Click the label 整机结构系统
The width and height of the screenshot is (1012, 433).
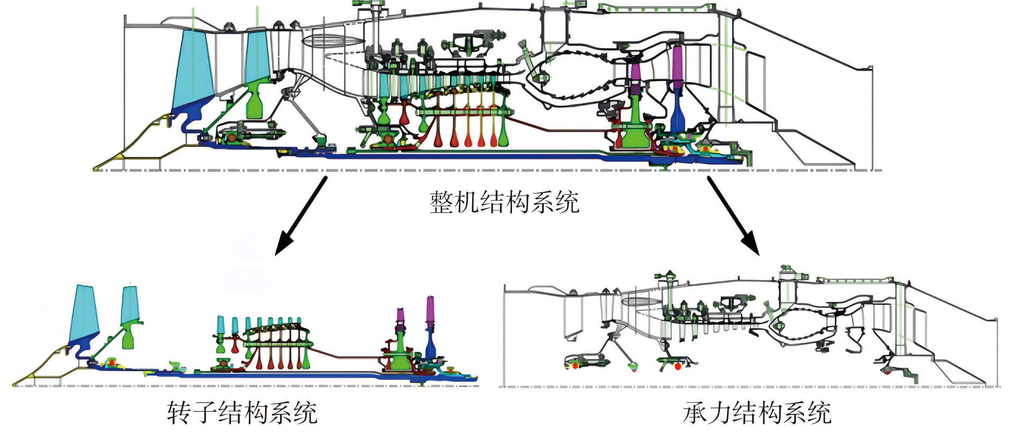504,202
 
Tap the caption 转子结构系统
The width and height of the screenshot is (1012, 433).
242,413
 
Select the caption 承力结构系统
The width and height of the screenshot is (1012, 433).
757,413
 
